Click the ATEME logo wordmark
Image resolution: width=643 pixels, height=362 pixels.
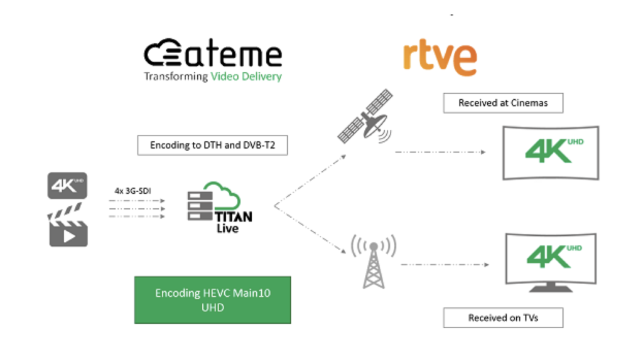(213, 55)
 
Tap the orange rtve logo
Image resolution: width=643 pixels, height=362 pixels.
(440, 58)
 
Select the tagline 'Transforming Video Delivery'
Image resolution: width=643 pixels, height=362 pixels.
(213, 77)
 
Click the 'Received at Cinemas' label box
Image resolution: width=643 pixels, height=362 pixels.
(502, 103)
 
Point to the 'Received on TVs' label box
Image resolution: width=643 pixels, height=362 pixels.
(502, 317)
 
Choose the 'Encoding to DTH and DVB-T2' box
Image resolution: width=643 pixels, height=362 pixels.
(208, 145)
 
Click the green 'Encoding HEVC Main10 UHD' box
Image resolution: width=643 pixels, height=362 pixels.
(212, 300)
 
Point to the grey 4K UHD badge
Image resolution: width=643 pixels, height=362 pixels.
(67, 186)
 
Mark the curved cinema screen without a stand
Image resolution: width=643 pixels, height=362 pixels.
(551, 152)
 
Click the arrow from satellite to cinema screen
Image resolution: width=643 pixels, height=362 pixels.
(440, 152)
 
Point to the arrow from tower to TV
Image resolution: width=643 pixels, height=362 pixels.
(445, 264)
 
